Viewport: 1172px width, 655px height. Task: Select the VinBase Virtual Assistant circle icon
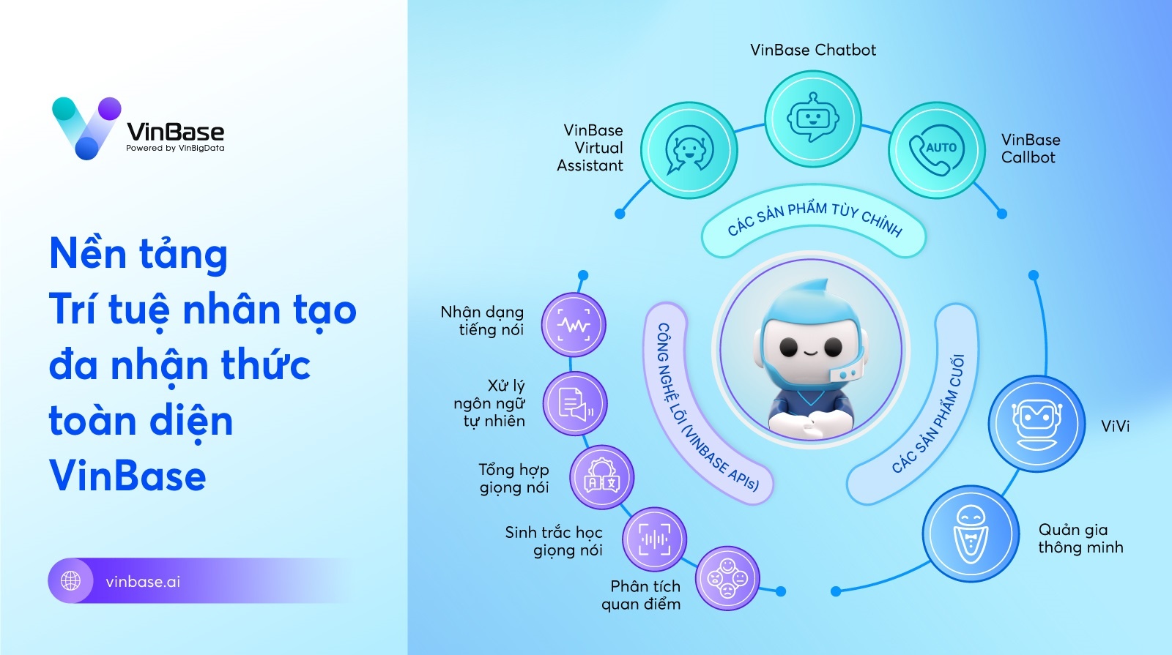click(689, 150)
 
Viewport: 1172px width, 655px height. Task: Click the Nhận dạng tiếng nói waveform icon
click(574, 325)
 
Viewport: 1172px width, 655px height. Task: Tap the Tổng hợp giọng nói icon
click(601, 478)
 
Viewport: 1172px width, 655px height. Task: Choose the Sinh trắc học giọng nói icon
click(654, 539)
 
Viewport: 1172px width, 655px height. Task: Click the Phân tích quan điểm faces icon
click(727, 580)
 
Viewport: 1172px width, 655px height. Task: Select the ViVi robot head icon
click(1036, 424)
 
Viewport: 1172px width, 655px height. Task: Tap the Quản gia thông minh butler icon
click(971, 534)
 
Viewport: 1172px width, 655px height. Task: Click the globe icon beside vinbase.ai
click(71, 581)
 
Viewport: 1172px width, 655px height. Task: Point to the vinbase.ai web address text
click(143, 582)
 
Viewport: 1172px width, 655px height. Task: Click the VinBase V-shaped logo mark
click(86, 127)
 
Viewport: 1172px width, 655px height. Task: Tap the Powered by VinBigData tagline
click(175, 148)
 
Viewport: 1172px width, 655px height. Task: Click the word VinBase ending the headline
click(127, 476)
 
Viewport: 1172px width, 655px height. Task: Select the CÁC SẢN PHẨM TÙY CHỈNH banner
click(814, 220)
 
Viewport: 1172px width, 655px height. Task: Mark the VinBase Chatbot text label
click(813, 50)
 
